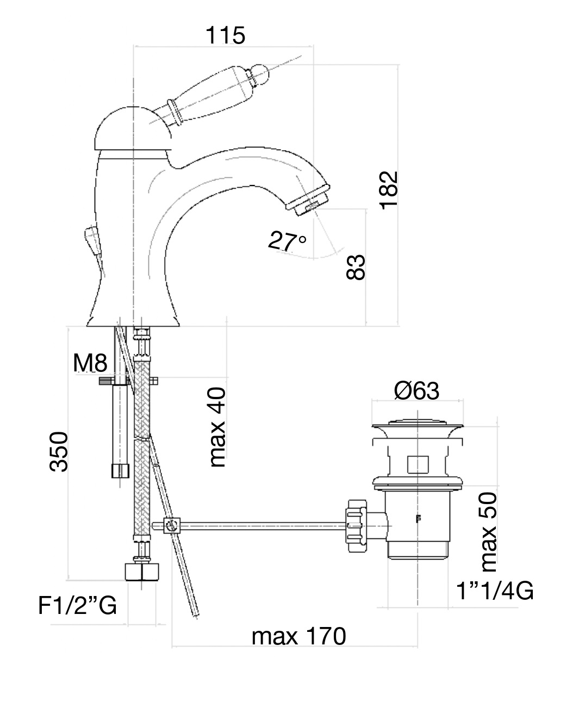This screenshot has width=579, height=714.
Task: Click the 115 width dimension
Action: (x=226, y=36)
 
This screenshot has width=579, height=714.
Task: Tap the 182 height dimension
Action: (x=389, y=190)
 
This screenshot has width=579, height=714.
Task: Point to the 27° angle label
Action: (x=288, y=240)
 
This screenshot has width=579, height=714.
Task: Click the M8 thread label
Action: (x=90, y=363)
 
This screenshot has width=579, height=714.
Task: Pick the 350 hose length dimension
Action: (x=58, y=451)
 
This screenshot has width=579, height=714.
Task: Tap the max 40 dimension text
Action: (x=217, y=427)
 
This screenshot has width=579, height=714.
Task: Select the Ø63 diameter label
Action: (x=416, y=390)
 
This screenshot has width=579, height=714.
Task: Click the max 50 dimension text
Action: (x=489, y=531)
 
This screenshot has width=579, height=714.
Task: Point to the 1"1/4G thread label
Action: (x=494, y=591)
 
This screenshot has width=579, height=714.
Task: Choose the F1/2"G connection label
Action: (x=78, y=605)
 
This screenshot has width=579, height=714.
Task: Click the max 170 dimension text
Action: (x=298, y=636)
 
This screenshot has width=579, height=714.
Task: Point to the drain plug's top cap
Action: (x=418, y=425)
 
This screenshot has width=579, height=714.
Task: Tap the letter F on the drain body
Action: (x=419, y=518)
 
